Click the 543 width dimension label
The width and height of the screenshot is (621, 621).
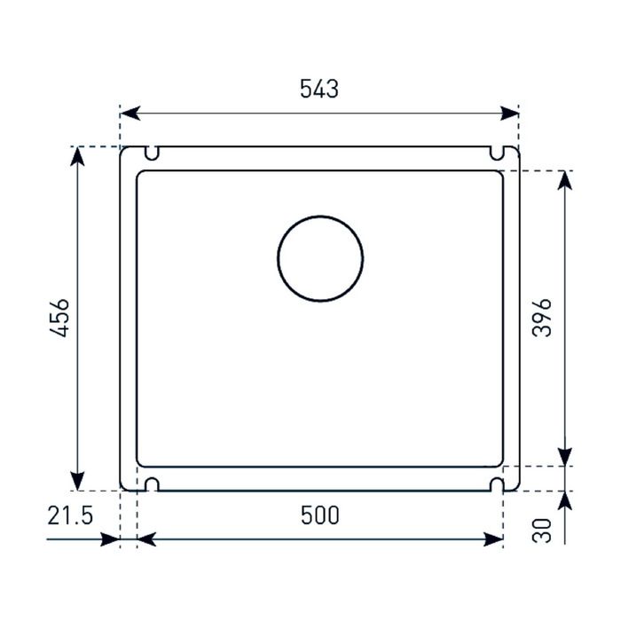pos(319,89)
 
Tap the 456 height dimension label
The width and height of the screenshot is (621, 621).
pos(59,318)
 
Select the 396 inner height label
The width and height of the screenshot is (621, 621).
pos(541,318)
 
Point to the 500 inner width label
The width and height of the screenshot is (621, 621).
pos(320,515)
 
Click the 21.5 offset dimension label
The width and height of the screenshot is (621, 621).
pos(70,515)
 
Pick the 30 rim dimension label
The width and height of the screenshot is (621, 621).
pos(542,531)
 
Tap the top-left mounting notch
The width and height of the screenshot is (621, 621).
pos(152,153)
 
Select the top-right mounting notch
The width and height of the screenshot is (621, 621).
pos(497,153)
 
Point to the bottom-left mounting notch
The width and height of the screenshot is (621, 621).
pos(152,484)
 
